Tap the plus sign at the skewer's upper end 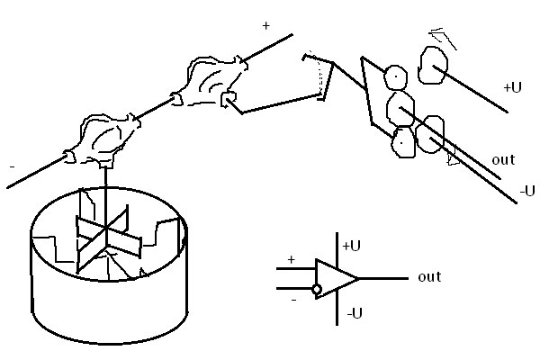[266, 27]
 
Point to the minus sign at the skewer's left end [10, 168]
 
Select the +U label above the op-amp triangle [351, 245]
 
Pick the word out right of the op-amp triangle [429, 277]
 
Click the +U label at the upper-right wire [512, 87]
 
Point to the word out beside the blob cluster [503, 159]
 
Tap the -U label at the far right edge [527, 190]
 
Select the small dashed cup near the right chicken [317, 74]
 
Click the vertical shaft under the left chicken [106, 184]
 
